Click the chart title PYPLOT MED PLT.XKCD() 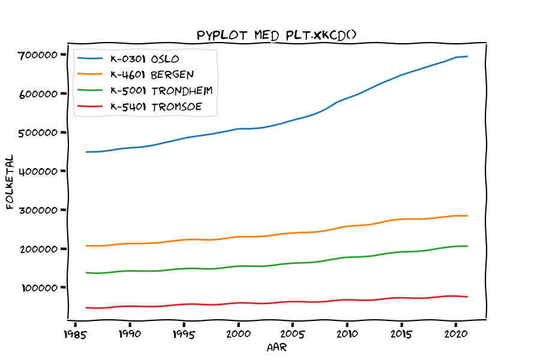(277, 35)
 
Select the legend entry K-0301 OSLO (145, 59)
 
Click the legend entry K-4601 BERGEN (152, 75)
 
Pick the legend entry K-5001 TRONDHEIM (161, 91)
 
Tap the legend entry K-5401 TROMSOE (156, 106)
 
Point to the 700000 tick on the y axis (38, 55)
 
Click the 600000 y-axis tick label (38, 94)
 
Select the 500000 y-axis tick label (38, 133)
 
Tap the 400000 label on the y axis (38, 171)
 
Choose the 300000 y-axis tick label (38, 210)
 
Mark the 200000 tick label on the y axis (38, 249)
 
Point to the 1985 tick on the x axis (75, 334)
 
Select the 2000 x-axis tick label (238, 334)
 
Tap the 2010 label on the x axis (347, 334)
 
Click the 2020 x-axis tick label (456, 334)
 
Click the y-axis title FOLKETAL (10, 182)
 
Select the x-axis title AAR (277, 347)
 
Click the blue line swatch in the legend (90, 59)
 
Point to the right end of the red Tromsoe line (467, 296)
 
